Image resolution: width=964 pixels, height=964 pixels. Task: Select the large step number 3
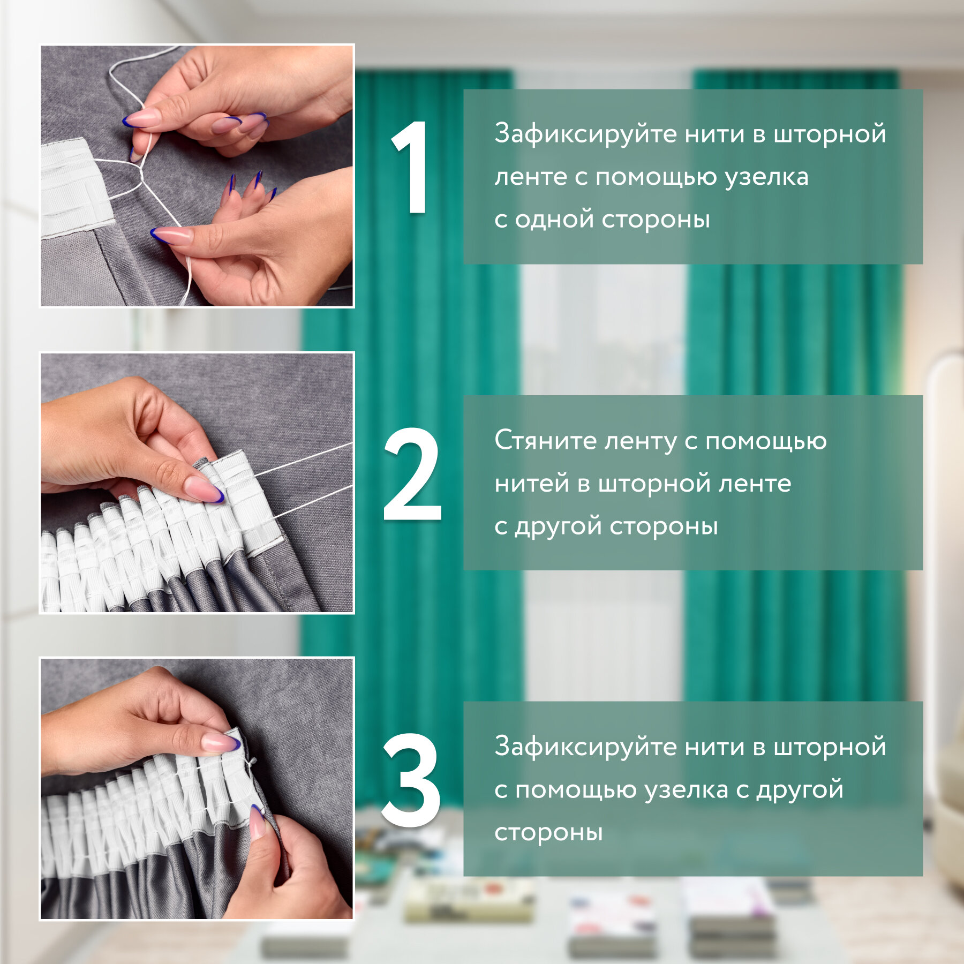(411, 780)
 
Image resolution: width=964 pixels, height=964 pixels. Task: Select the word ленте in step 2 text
(755, 484)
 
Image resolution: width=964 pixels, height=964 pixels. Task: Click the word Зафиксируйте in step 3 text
(586, 748)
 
